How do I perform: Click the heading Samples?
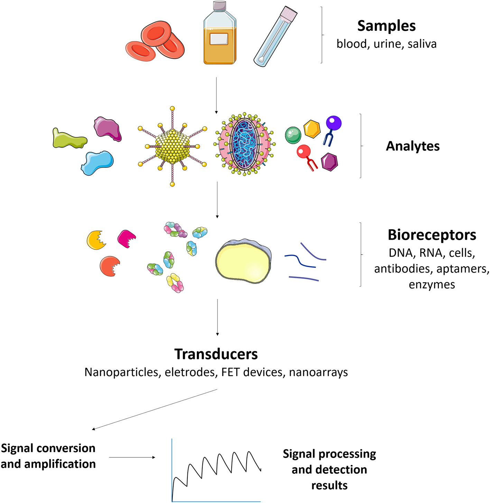pyautogui.click(x=386, y=26)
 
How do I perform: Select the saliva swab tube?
pyautogui.click(x=275, y=36)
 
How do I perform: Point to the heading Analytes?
pyautogui.click(x=413, y=146)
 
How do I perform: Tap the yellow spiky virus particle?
pyautogui.click(x=172, y=146)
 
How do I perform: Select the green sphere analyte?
pyautogui.click(x=293, y=135)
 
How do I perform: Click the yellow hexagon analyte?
pyautogui.click(x=312, y=129)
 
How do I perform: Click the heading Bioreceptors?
pyautogui.click(x=432, y=235)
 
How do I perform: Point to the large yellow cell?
pyautogui.click(x=243, y=260)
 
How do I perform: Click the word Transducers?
pyautogui.click(x=216, y=354)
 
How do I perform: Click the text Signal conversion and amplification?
pyautogui.click(x=48, y=456)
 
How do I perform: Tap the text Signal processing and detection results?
pyautogui.click(x=329, y=469)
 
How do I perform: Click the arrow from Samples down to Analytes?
pyautogui.click(x=216, y=95)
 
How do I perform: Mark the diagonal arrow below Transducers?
pyautogui.click(x=155, y=410)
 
